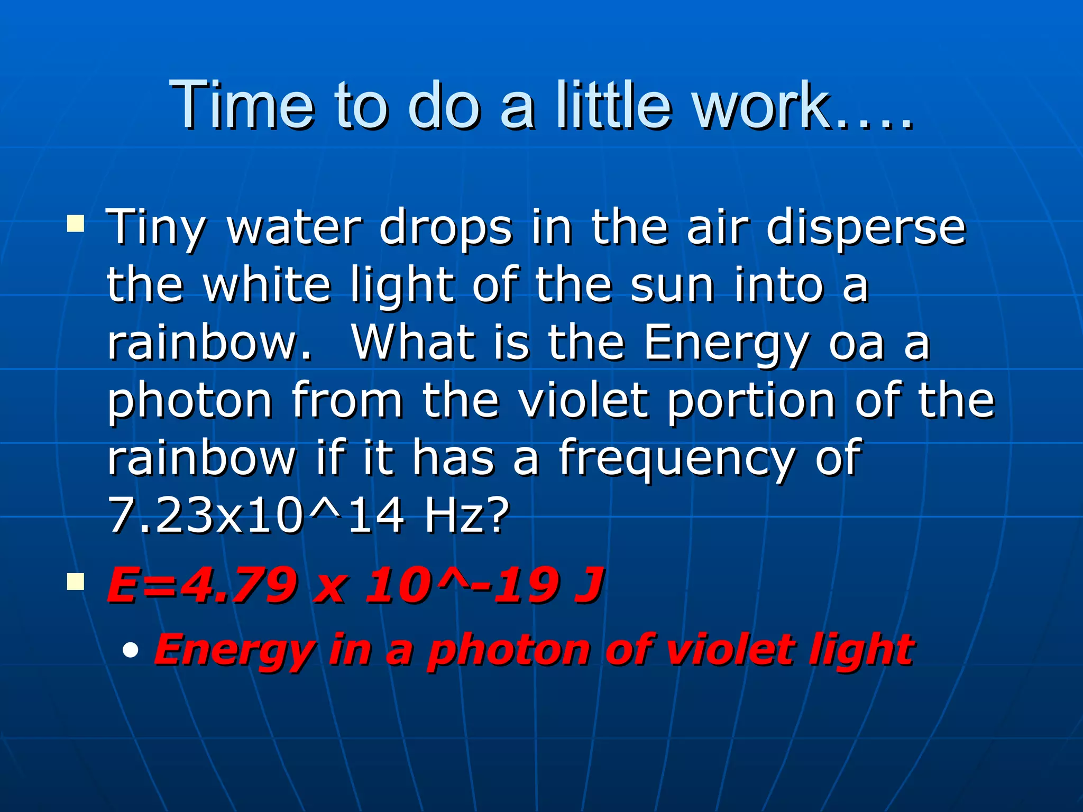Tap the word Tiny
coord(155,228)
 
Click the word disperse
coord(866,228)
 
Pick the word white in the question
coord(267,285)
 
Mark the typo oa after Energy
coord(856,344)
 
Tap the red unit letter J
coord(589,585)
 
